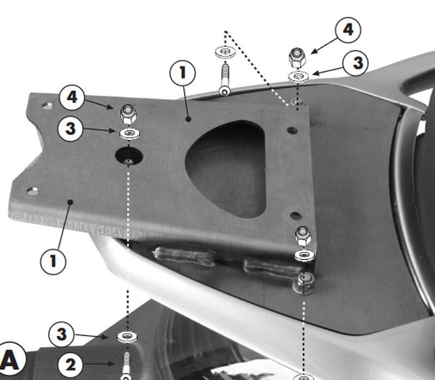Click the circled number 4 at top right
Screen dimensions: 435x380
[x=348, y=30]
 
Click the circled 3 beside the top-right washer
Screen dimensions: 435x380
[x=356, y=63]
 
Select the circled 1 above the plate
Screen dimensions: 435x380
[x=183, y=73]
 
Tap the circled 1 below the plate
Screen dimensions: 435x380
[x=53, y=262]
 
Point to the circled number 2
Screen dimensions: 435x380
[x=71, y=365]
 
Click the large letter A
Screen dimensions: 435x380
[x=10, y=360]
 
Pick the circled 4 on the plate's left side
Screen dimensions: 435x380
[x=72, y=98]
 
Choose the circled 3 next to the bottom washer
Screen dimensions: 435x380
[x=61, y=334]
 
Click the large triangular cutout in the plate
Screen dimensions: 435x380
[x=226, y=168]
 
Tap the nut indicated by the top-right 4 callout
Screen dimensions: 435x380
[x=297, y=58]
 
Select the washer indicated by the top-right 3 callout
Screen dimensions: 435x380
[x=299, y=77]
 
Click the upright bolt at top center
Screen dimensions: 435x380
[x=225, y=80]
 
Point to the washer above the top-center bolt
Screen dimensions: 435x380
[x=225, y=52]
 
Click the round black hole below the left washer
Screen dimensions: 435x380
[x=129, y=156]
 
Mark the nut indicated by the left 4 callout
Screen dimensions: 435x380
[x=128, y=114]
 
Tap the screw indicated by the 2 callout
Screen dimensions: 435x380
[x=127, y=366]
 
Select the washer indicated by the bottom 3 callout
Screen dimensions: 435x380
[x=127, y=337]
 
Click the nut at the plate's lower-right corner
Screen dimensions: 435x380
[x=303, y=236]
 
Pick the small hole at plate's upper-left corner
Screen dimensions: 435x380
[x=48, y=106]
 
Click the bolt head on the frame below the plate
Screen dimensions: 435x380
[x=304, y=283]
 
